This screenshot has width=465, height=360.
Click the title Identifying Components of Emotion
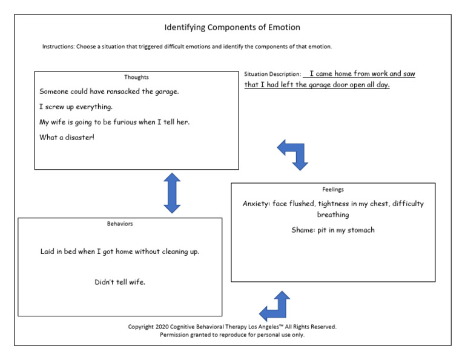coord(232,27)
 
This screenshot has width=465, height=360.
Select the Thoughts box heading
coord(136,77)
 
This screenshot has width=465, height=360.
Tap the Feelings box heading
coord(333,189)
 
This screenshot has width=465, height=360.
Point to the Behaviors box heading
coord(119,224)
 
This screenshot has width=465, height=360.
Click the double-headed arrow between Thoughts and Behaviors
coord(172,193)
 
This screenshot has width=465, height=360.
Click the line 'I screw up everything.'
coord(76,107)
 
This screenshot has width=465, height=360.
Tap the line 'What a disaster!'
coord(67,137)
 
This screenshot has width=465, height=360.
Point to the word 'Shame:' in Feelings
coord(303,230)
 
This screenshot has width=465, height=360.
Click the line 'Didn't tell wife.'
coord(120,282)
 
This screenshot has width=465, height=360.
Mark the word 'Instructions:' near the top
coord(58,47)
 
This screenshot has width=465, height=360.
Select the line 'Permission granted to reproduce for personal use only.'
coord(232,335)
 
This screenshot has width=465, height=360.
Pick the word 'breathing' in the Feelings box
coord(333,215)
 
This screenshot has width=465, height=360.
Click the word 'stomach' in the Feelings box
coord(361,230)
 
